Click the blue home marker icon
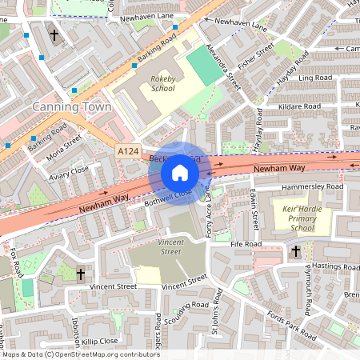(x=180, y=172)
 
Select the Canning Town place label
(x=64, y=107)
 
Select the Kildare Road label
(x=298, y=106)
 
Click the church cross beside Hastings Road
(x=295, y=251)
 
